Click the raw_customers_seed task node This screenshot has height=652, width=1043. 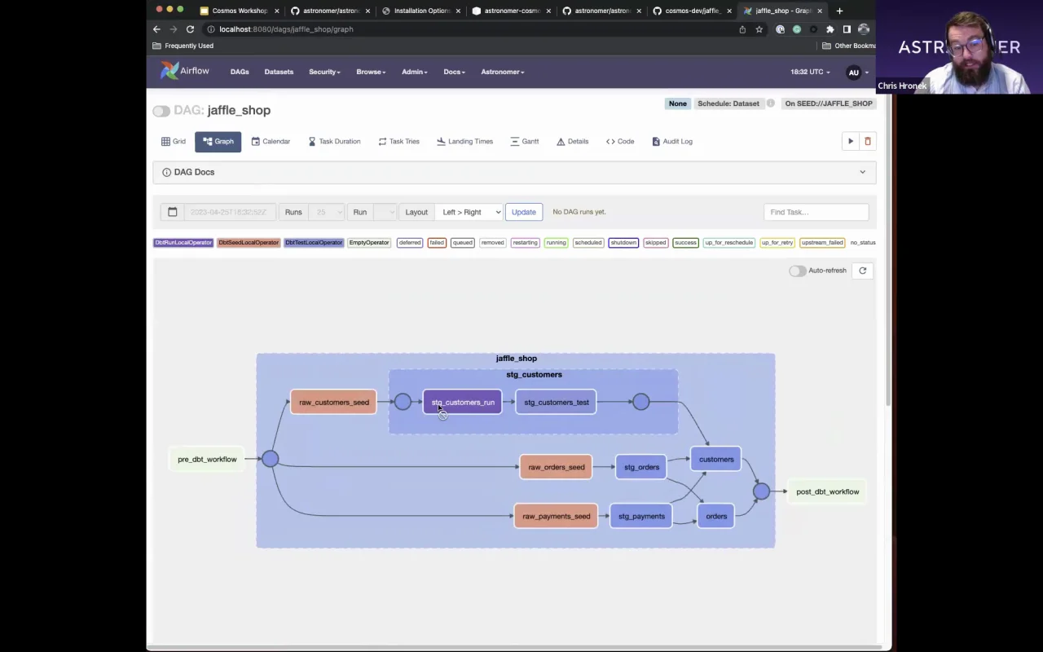click(x=333, y=403)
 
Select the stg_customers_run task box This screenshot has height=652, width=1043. click(x=462, y=403)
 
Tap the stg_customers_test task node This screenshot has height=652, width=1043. click(x=556, y=403)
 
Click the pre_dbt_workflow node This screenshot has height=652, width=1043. click(x=207, y=460)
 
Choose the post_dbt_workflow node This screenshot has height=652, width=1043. click(x=827, y=492)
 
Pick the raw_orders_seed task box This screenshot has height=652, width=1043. click(x=556, y=468)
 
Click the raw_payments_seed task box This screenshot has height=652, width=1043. click(x=556, y=517)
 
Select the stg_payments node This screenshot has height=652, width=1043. click(x=641, y=517)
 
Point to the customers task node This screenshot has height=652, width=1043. click(x=715, y=460)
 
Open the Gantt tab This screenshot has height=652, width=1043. click(x=524, y=142)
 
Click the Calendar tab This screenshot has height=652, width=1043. click(x=271, y=142)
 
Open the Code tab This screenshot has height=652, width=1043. click(x=620, y=142)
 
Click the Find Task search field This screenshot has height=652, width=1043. click(x=816, y=212)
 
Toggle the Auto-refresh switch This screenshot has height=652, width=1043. click(x=796, y=271)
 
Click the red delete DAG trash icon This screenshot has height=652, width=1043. click(x=867, y=142)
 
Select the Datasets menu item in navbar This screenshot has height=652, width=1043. click(x=279, y=72)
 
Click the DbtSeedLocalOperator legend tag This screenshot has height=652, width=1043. click(x=249, y=243)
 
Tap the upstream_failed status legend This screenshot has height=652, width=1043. click(x=821, y=243)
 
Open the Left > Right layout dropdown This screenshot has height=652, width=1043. click(x=471, y=212)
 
